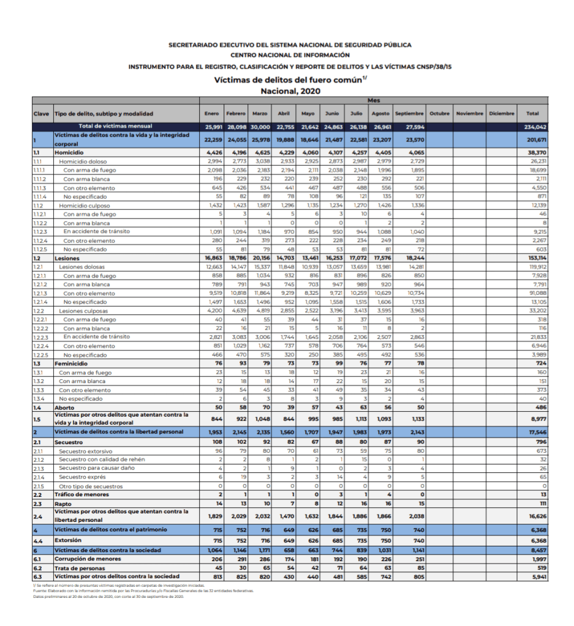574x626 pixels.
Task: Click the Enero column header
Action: tap(211, 114)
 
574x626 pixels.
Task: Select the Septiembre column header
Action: tap(409, 114)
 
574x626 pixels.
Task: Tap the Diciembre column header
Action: tap(502, 114)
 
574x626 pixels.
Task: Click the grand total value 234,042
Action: tap(536, 127)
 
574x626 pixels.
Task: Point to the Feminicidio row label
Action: tap(71, 363)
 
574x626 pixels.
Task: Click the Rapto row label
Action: tap(63, 504)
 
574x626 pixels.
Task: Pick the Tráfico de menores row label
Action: tap(81, 494)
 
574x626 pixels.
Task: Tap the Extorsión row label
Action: tap(67, 540)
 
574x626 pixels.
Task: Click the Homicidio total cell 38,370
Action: tap(536, 151)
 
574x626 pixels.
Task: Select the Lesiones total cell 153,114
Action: tap(536, 259)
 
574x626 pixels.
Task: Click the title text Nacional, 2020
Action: tap(290, 91)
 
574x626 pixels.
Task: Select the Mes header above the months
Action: tap(374, 100)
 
